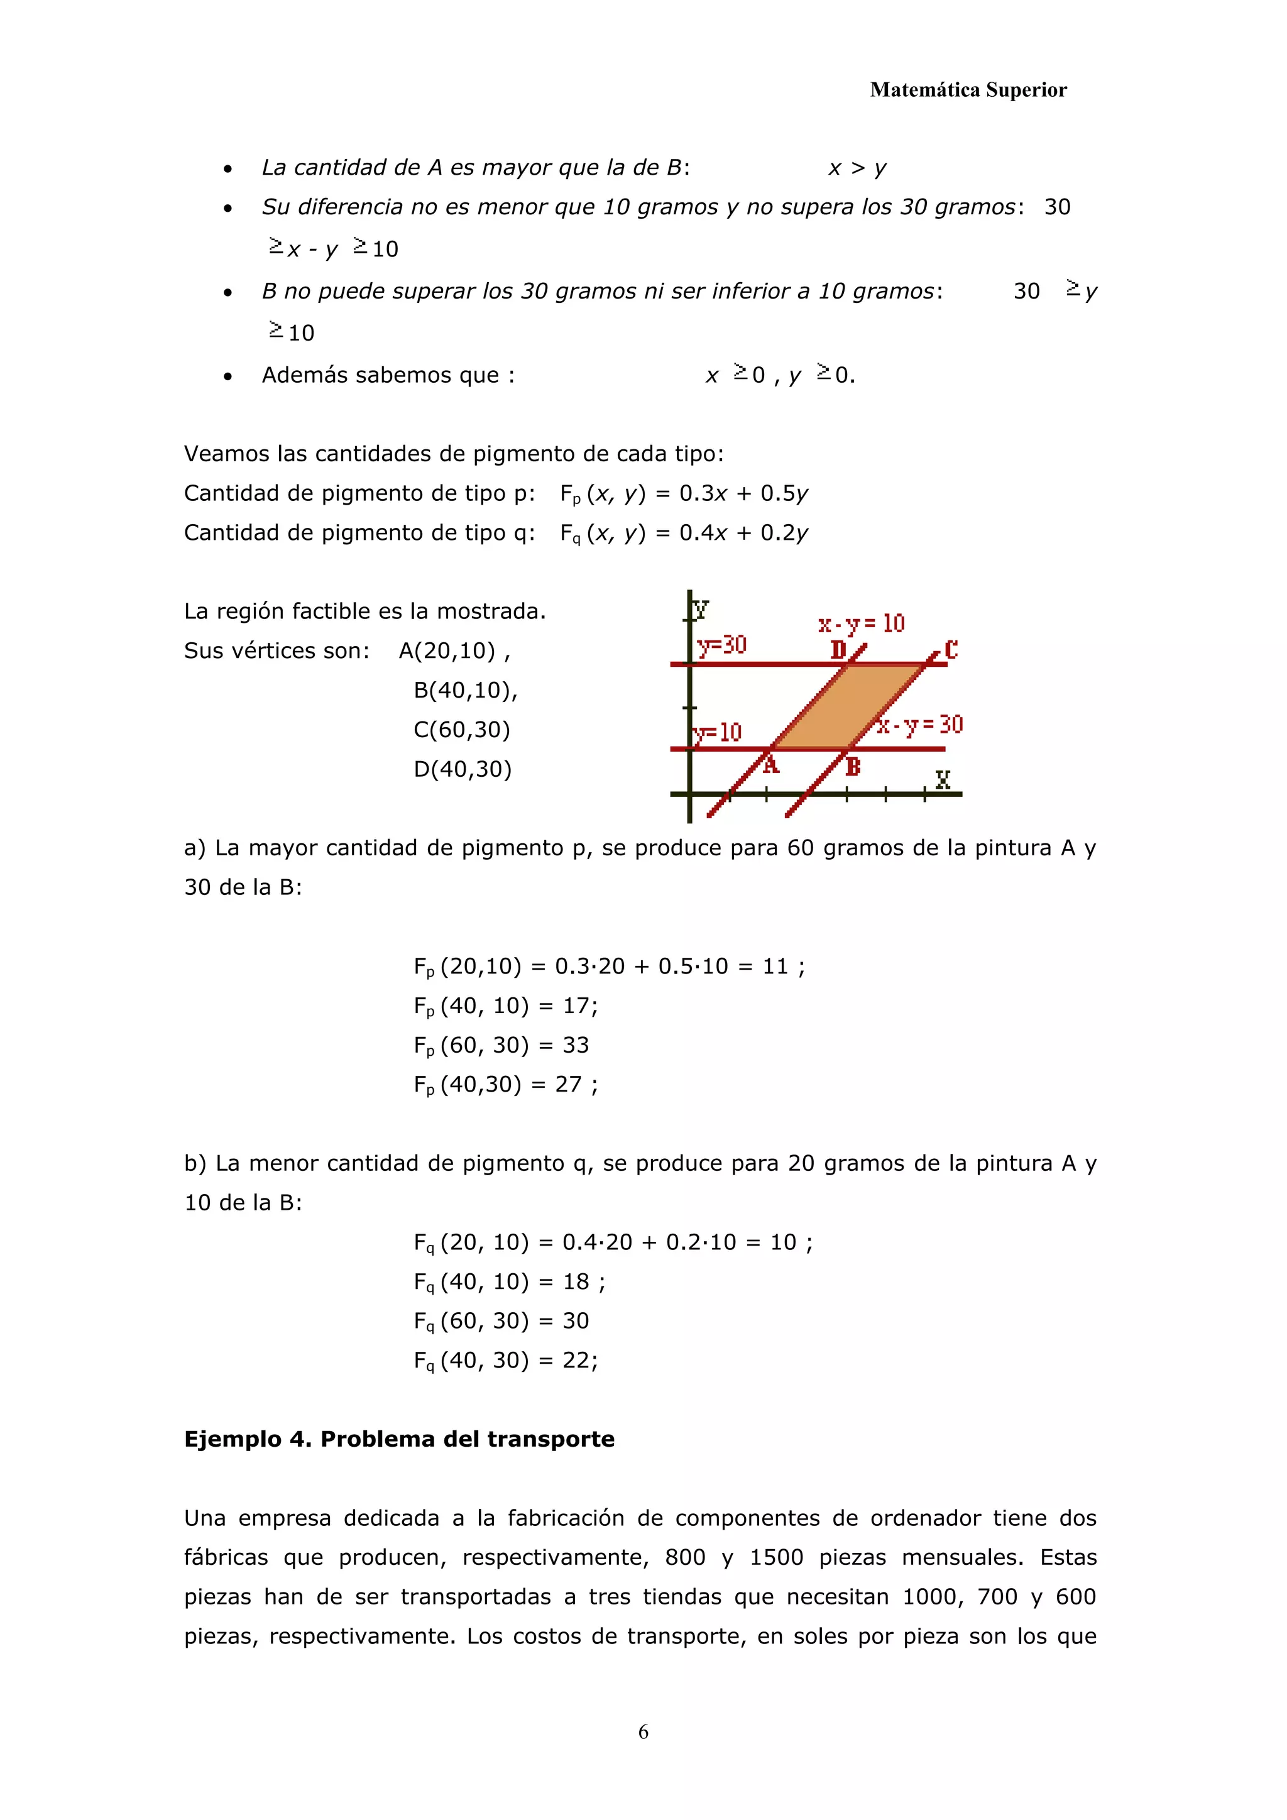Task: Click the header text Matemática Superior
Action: click(968, 90)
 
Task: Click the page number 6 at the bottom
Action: click(643, 1731)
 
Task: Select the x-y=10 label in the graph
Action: click(862, 624)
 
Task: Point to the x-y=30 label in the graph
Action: click(921, 725)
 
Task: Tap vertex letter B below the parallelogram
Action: click(853, 767)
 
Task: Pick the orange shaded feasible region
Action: click(848, 706)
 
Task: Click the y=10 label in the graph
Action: click(718, 732)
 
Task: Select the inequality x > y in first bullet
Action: click(857, 168)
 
